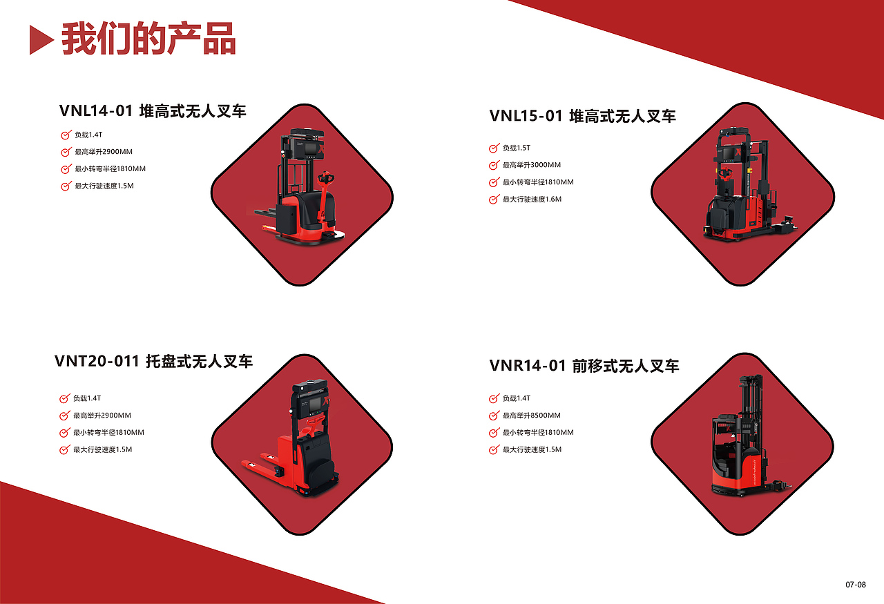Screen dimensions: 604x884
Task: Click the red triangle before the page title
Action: [x=40, y=40]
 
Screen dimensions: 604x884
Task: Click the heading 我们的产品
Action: [x=148, y=39]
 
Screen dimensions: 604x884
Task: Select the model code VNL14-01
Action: [x=95, y=111]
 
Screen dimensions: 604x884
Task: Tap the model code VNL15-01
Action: [x=526, y=115]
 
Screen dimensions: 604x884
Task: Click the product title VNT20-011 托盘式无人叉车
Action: [x=153, y=361]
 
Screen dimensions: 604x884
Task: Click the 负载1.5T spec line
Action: [x=516, y=148]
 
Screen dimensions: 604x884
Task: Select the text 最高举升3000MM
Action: [x=531, y=166]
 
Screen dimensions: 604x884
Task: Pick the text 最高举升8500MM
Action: [x=531, y=416]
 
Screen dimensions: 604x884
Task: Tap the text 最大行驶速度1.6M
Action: [x=532, y=199]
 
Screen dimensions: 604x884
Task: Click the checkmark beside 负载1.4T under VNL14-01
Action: [x=66, y=135]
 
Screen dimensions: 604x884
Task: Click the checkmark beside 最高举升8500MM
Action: [x=494, y=416]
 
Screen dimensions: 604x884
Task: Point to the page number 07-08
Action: [x=855, y=585]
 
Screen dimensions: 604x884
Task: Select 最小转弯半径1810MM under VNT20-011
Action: [x=108, y=433]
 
